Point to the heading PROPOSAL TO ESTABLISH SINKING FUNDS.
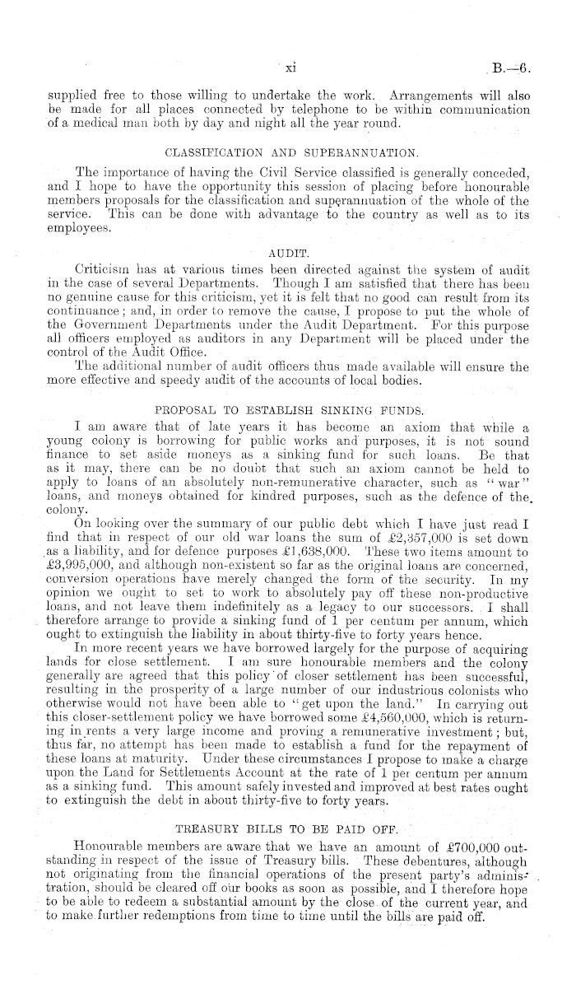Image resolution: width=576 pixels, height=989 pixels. [290, 409]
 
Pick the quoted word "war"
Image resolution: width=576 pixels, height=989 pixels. [509, 478]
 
